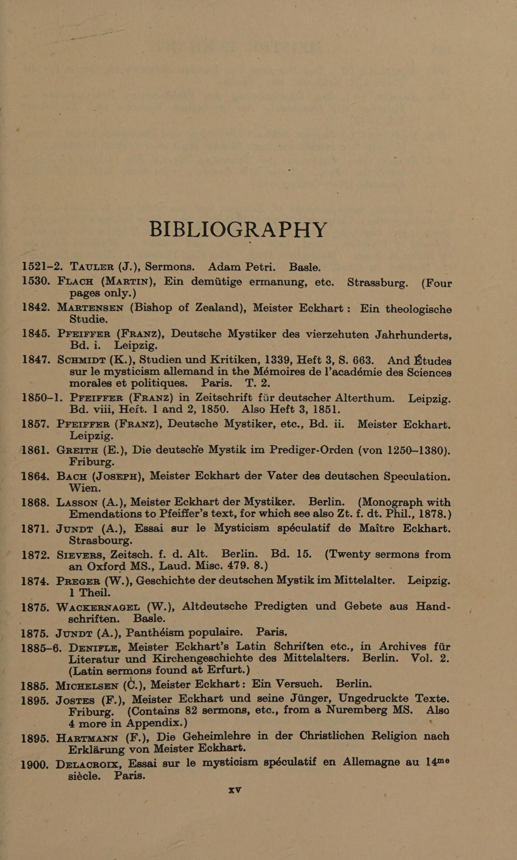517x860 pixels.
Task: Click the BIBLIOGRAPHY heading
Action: [238, 230]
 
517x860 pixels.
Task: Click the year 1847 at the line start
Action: [35, 360]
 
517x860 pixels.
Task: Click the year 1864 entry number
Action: [35, 476]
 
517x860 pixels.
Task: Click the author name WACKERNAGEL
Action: [97, 607]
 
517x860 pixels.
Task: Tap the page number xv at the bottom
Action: [235, 790]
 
